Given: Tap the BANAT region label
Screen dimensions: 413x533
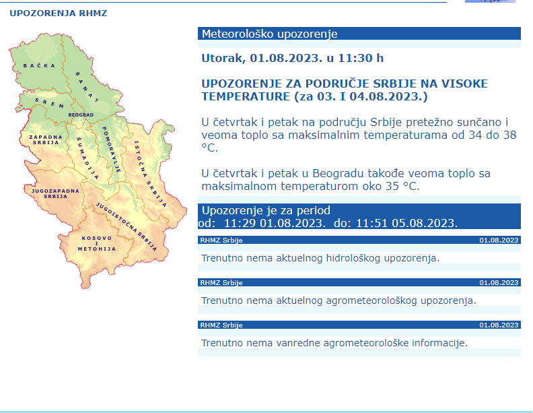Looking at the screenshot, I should pyautogui.click(x=87, y=86).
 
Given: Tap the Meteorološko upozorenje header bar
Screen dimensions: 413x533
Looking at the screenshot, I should pyautogui.click(x=359, y=34).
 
